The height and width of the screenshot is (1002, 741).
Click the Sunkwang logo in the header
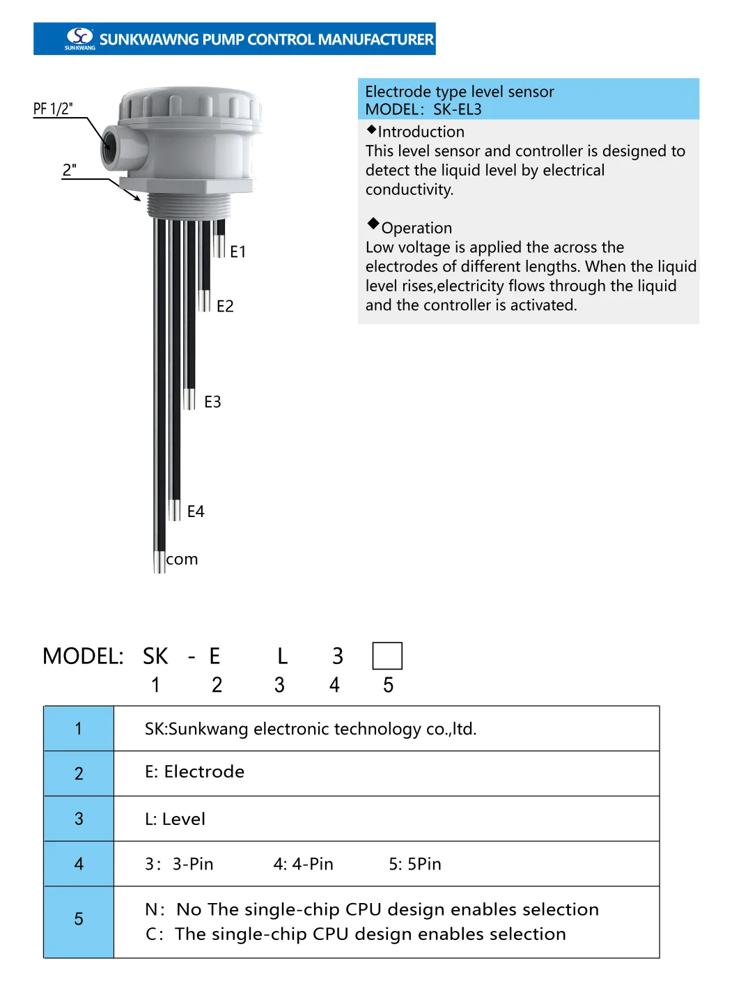pos(80,38)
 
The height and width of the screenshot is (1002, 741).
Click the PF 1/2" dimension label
pos(53,109)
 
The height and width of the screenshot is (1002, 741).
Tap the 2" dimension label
pos(69,171)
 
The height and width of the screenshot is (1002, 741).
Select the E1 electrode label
pos(238,252)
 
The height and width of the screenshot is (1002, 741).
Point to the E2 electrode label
pos(225,307)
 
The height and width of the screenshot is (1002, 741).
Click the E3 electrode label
pos(212,402)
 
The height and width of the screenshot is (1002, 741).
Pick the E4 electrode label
pos(196,512)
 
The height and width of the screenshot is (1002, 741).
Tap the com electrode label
pos(182,560)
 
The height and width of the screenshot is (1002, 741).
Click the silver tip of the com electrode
pos(159,562)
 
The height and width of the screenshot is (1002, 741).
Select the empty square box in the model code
pos(387,656)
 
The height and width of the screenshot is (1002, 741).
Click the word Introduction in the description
pos(421,132)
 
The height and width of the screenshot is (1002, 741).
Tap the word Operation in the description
pos(416,228)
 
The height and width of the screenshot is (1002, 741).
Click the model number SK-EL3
pos(458,109)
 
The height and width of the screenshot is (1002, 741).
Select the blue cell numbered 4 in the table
pos(79,864)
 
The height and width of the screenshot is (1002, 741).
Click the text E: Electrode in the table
pos(194,772)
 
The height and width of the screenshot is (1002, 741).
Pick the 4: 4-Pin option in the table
pos(303,864)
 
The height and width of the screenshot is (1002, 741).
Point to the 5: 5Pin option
pos(415,864)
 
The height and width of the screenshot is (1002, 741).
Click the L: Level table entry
pos(175,819)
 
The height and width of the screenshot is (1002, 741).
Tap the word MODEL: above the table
pos(83,656)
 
